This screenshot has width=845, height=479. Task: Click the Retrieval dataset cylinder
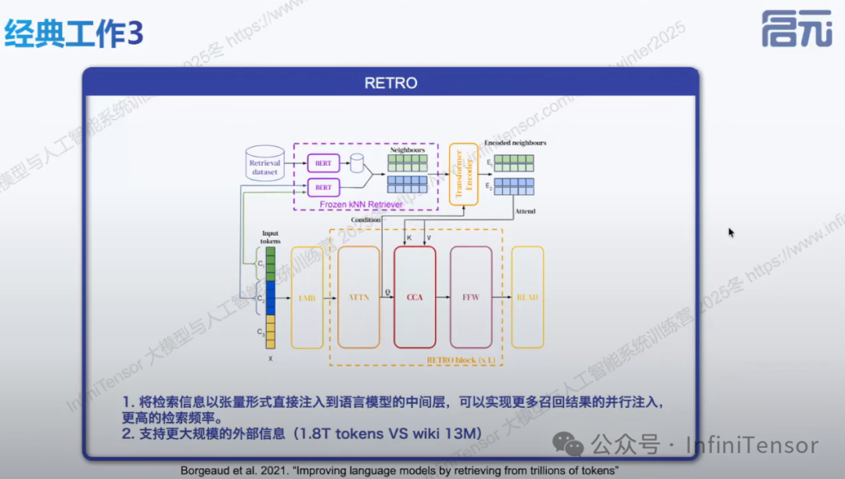(264, 165)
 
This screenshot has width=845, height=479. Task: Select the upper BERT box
(323, 164)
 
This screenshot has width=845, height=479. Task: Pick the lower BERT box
(323, 188)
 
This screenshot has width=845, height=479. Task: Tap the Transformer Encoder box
(463, 174)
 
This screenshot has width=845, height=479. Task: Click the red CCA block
(415, 297)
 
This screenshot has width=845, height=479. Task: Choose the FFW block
(471, 297)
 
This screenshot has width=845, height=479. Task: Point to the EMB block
(307, 297)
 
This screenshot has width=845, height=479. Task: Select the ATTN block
(358, 297)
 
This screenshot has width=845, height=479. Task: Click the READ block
(527, 297)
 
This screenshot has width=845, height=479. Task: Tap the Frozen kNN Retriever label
(361, 204)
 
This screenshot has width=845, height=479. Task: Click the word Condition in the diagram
(365, 220)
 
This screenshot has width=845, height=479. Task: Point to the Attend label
(524, 211)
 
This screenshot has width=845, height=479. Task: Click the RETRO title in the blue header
(390, 83)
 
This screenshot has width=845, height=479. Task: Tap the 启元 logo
(796, 30)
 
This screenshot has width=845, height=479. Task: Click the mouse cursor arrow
(731, 232)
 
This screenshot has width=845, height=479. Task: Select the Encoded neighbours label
(515, 143)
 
